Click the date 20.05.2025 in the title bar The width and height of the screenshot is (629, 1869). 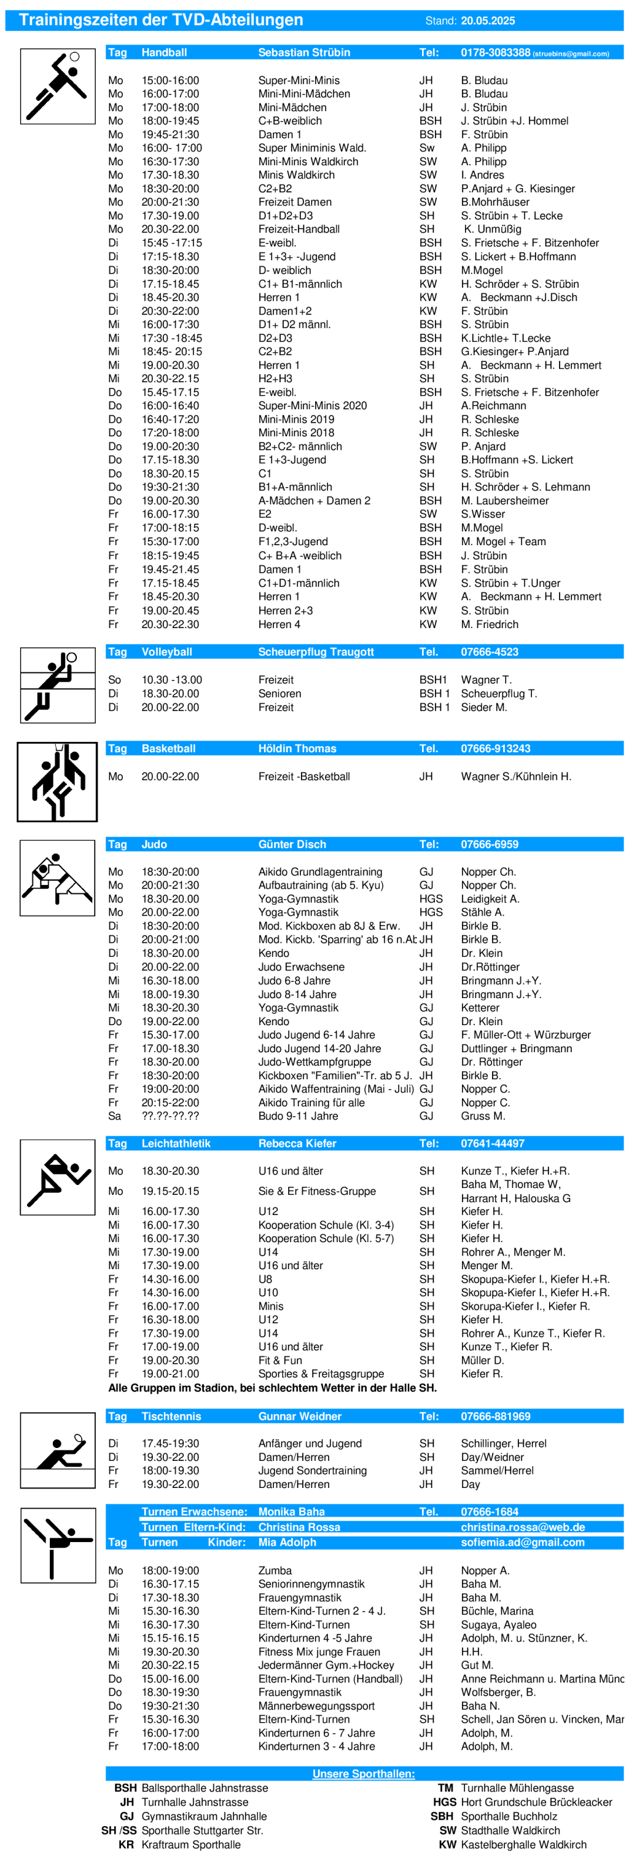pos(488,20)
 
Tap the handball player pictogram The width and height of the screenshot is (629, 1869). pos(57,86)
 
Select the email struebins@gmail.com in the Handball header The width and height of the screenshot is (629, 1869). pos(571,53)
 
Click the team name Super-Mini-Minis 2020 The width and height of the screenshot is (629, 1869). pos(312,406)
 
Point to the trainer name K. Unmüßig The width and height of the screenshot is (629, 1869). pos(492,229)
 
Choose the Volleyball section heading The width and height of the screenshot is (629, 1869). pos(167,651)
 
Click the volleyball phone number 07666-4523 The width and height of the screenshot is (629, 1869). pos(489,651)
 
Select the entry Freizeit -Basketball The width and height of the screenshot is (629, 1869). pos(304,776)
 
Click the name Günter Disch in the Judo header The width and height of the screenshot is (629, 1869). pos(292,844)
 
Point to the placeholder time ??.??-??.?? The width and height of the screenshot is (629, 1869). pos(170,1116)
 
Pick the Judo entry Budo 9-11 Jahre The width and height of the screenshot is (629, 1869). pos(297,1116)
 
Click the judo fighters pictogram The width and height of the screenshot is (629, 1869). pos(57,877)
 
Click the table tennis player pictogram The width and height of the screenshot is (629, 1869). pos(57,1450)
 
